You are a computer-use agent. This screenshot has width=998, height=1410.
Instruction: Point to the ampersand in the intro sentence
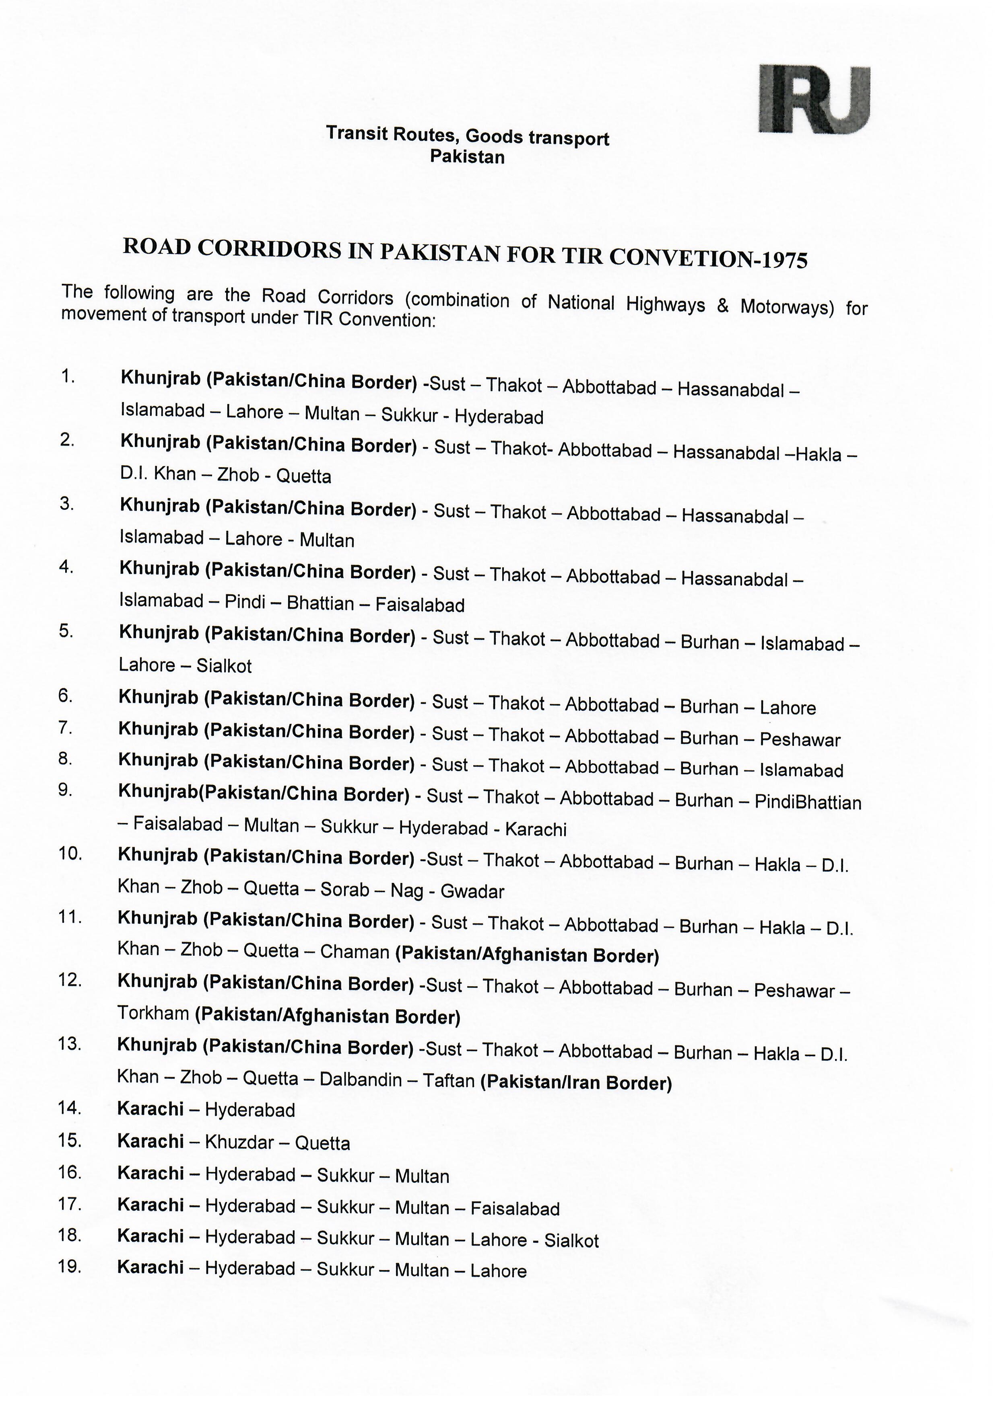723,305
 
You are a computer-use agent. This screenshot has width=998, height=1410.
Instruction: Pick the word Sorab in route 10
345,889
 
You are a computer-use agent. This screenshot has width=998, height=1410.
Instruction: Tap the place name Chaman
355,952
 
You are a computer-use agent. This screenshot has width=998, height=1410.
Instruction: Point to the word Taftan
449,1081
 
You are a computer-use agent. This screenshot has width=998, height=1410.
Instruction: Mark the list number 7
66,729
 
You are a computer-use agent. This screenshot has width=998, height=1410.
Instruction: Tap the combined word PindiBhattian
808,802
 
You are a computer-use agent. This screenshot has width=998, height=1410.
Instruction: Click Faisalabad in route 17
515,1209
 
